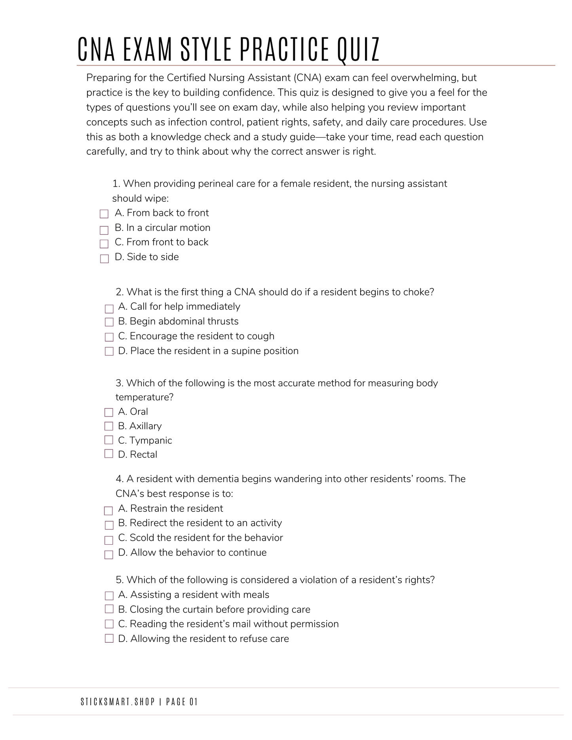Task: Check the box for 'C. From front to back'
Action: pyautogui.click(x=104, y=244)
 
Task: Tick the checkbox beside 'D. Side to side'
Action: pyautogui.click(x=104, y=259)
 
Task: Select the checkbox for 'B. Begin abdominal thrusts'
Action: pyautogui.click(x=109, y=322)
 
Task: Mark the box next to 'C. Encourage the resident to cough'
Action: pyautogui.click(x=109, y=337)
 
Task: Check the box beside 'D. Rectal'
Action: pyautogui.click(x=109, y=454)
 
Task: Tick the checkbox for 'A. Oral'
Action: pyautogui.click(x=109, y=412)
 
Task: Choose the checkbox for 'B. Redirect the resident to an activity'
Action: pyautogui.click(x=109, y=525)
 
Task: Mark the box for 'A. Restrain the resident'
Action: pyautogui.click(x=108, y=511)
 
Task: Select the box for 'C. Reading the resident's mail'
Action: pyautogui.click(x=109, y=624)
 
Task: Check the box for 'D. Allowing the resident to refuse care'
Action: pyautogui.click(x=109, y=638)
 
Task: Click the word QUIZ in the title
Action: pyautogui.click(x=358, y=49)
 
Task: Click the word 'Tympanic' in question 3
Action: pyautogui.click(x=150, y=440)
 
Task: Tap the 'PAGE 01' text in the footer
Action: pyautogui.click(x=182, y=702)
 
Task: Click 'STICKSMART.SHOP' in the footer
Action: pyautogui.click(x=118, y=702)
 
